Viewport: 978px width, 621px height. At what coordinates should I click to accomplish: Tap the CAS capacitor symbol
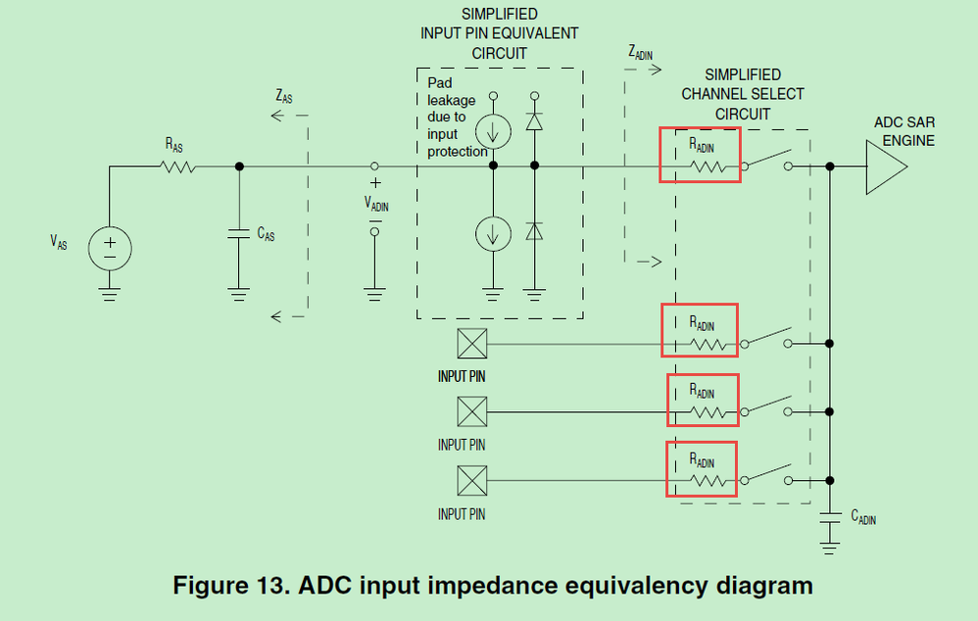pos(238,234)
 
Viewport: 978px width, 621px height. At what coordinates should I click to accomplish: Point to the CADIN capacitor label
pos(863,517)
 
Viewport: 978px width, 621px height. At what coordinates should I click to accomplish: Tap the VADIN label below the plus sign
pos(375,203)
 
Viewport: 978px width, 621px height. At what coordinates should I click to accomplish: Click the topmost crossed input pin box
pos(472,343)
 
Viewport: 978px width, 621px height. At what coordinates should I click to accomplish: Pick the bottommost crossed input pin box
pos(472,481)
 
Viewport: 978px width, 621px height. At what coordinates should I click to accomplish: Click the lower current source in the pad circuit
pos(493,233)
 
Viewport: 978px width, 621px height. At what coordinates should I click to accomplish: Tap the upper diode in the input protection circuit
pos(534,123)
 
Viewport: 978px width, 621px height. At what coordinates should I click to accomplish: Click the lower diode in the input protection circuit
pos(534,231)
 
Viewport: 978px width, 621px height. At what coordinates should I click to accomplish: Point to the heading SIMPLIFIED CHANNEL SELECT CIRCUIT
pos(743,94)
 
